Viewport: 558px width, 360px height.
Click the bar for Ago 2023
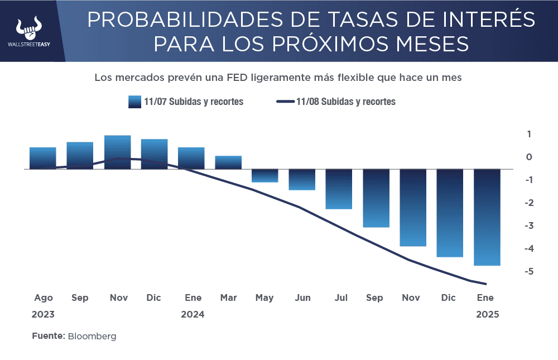point(42,158)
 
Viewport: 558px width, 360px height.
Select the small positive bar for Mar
point(228,162)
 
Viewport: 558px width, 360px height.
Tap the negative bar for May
point(265,175)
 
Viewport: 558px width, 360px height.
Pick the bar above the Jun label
point(302,179)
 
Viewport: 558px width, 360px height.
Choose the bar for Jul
point(339,189)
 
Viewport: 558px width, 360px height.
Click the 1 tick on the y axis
point(528,134)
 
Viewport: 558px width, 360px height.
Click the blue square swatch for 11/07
point(134,102)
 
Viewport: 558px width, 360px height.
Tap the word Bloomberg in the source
point(92,336)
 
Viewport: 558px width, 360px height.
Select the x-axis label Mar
point(228,297)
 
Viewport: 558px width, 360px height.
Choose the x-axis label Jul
point(341,297)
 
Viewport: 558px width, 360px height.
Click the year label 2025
point(487,314)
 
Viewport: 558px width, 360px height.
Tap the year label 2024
point(193,314)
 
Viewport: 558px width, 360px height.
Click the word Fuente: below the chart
point(49,336)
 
